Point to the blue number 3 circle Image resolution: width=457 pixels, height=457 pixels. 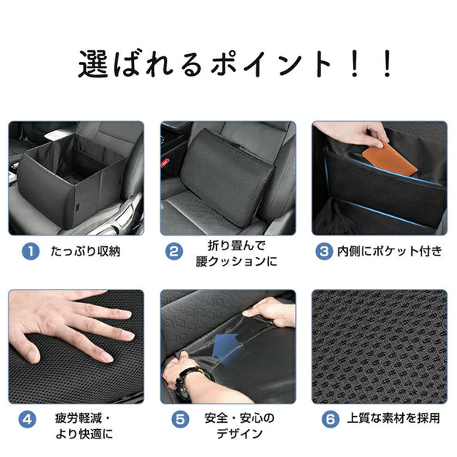pos(325,251)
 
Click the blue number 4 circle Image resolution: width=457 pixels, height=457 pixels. pos(28,419)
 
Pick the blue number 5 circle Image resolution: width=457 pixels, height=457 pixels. pos(180,419)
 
